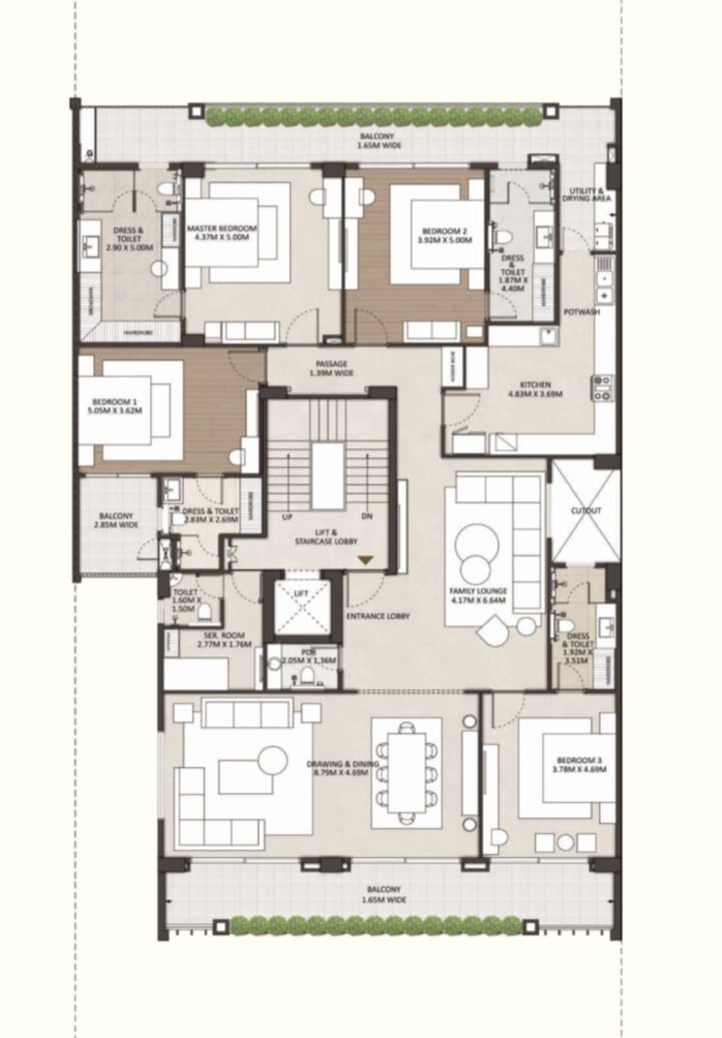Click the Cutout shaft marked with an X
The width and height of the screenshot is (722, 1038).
584,510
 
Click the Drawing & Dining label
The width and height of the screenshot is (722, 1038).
333,766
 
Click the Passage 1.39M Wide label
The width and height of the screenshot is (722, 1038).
329,368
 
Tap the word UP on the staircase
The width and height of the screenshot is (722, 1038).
287,517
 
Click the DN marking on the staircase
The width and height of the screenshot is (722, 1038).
367,517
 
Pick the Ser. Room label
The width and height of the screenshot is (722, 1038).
198,639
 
